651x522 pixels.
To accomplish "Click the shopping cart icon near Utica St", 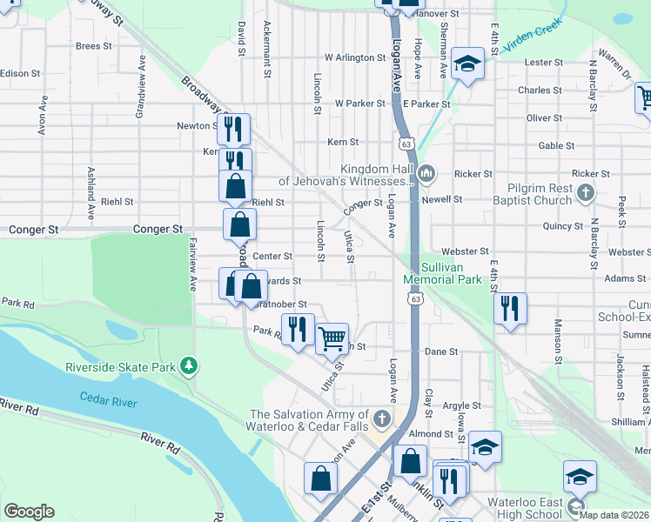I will pos(332,338).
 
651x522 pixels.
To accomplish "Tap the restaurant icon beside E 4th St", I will pos(510,308).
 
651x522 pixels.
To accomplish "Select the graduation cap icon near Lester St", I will pos(468,63).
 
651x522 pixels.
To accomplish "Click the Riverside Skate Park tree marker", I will pos(187,366).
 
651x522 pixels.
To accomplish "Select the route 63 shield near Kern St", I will pos(406,141).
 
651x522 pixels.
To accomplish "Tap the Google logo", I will pos(29,512).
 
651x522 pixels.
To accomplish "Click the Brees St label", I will pos(94,46).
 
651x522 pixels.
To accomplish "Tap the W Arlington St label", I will pos(354,57).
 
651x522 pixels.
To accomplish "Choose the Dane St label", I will pos(441,351).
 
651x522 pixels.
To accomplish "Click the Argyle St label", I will pos(461,405).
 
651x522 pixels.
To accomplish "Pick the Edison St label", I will pos(15,74).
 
